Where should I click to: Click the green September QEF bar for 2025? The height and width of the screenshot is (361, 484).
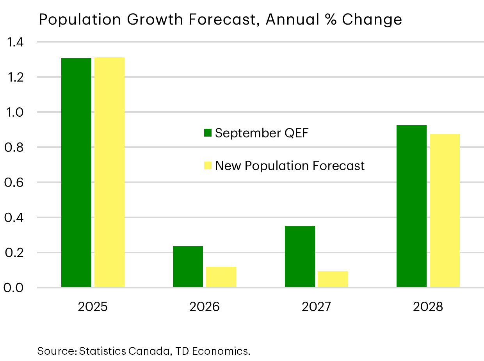tap(76, 172)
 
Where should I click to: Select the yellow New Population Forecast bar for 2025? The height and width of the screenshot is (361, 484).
tap(109, 172)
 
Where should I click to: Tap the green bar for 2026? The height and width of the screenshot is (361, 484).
tap(188, 267)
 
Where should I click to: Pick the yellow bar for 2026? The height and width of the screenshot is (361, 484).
tap(221, 277)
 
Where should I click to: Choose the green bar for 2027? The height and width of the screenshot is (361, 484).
tap(300, 257)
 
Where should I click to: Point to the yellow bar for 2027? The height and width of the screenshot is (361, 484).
tap(333, 279)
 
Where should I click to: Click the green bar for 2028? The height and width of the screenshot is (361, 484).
tap(411, 206)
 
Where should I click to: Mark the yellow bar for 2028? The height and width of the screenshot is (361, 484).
tap(445, 211)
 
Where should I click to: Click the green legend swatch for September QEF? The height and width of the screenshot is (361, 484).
tap(208, 133)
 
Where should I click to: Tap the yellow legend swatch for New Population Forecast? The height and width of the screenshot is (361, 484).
tap(208, 165)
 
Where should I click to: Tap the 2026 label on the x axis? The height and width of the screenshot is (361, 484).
tap(205, 307)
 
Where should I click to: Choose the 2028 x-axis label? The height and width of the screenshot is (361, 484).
tap(428, 307)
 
